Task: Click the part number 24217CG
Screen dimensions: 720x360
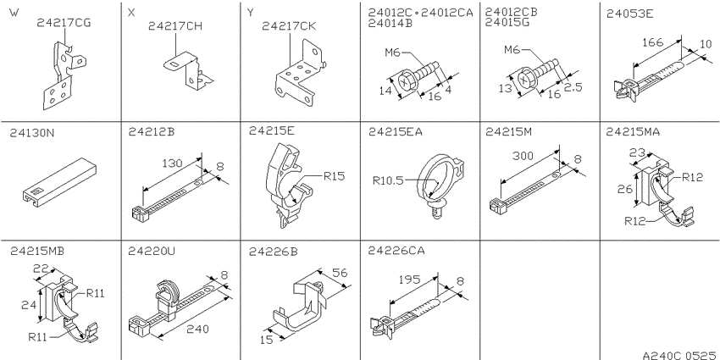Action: click(64, 23)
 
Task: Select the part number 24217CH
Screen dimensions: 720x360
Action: click(175, 26)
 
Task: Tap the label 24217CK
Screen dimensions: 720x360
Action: click(289, 26)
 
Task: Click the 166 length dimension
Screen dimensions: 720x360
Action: click(652, 42)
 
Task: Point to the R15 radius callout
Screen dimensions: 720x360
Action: click(335, 176)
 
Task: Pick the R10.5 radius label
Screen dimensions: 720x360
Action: click(388, 181)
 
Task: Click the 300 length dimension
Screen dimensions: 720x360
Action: click(523, 156)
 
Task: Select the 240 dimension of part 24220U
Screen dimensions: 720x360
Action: click(198, 330)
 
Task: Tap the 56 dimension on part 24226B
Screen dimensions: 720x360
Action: click(340, 274)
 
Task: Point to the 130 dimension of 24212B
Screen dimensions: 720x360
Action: click(172, 163)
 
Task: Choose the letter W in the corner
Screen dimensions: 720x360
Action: click(14, 13)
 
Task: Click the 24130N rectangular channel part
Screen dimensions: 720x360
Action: click(59, 180)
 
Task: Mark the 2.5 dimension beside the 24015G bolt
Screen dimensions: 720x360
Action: click(573, 87)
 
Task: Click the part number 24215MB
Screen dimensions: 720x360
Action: click(37, 252)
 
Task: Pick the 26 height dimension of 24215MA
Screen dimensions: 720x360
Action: click(625, 189)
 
